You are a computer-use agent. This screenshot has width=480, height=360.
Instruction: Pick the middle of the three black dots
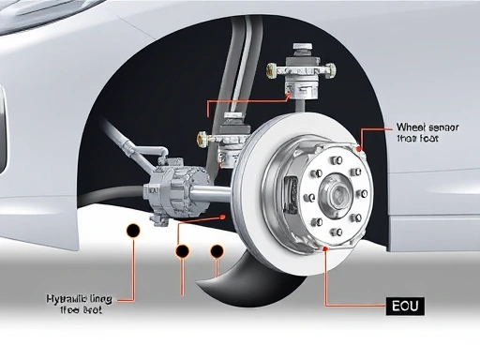coord(181,251)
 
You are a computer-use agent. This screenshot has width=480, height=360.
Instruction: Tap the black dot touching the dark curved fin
coord(218,251)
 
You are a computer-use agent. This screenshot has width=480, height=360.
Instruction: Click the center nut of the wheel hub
coord(335,193)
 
